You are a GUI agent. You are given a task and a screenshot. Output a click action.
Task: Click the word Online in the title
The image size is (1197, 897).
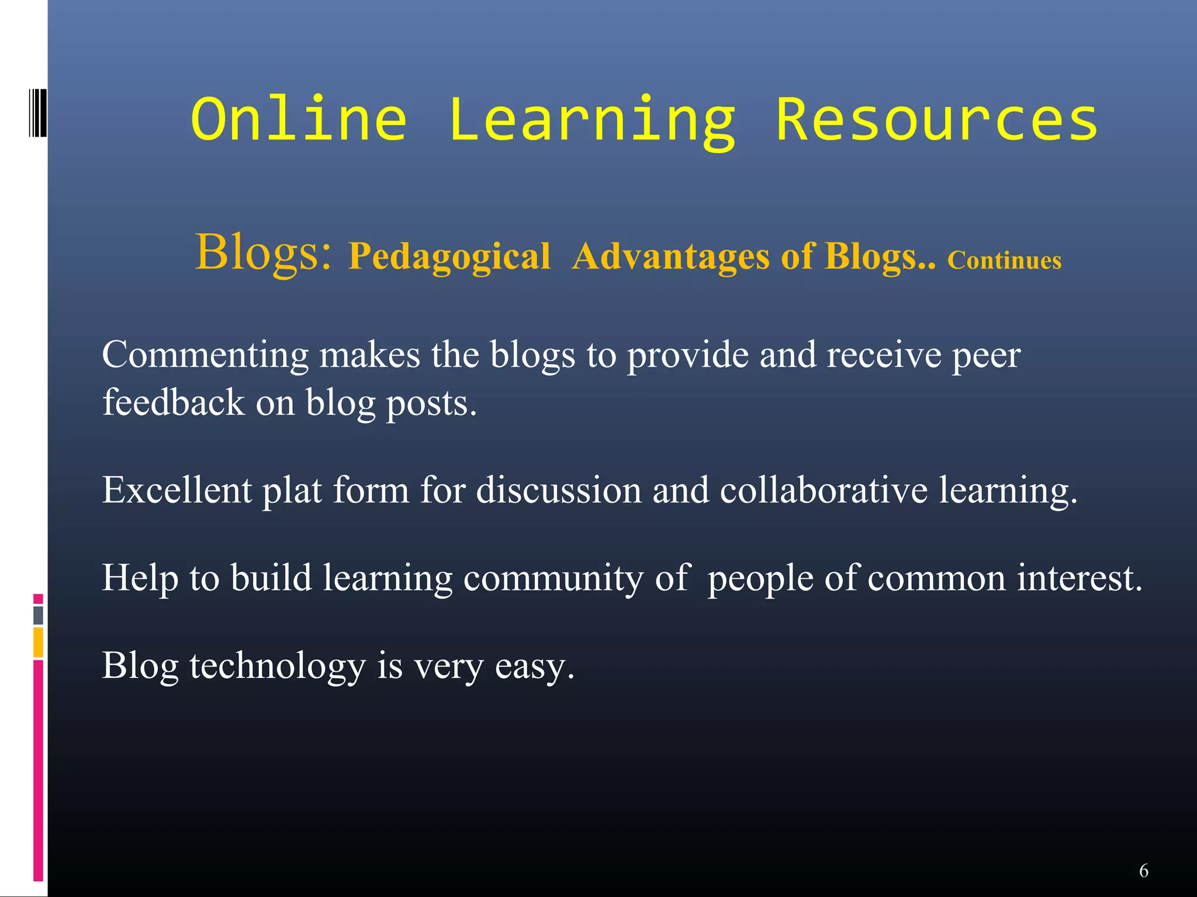[299, 120]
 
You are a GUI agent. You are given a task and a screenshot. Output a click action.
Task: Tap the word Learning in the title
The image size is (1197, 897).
[591, 120]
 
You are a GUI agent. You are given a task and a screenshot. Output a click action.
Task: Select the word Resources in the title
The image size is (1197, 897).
[936, 120]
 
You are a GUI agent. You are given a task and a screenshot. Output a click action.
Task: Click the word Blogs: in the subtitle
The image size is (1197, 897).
[264, 252]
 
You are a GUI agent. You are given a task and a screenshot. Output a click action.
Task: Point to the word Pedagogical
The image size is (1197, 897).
[449, 257]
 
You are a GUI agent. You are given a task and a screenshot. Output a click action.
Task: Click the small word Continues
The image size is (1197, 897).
[1004, 260]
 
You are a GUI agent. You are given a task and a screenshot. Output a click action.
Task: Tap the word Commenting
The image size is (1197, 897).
[205, 355]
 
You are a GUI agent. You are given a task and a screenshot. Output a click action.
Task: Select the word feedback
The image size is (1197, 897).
[173, 403]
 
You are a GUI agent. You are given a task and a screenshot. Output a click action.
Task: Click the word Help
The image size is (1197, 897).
[140, 578]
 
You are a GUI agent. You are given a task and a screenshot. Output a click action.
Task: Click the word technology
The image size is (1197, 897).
[277, 666]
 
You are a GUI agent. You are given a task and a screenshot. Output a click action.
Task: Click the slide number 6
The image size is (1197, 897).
[1144, 871]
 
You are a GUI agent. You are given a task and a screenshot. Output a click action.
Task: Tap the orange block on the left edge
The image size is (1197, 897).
[38, 642]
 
